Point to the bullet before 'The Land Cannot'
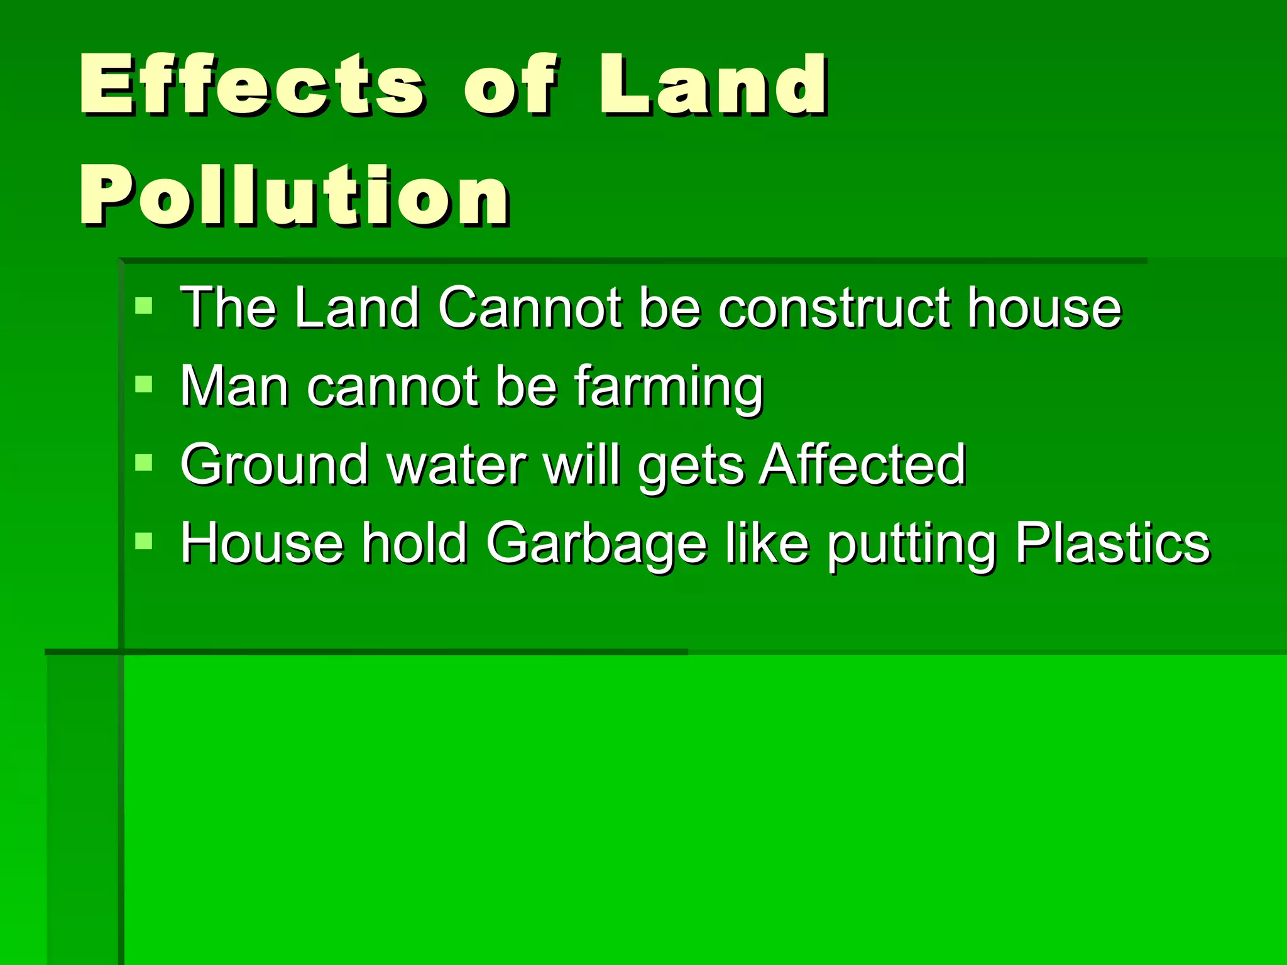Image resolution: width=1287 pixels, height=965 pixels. (x=144, y=306)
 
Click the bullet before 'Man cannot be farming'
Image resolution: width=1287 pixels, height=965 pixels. (x=144, y=384)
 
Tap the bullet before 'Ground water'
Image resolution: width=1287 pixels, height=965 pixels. (x=144, y=463)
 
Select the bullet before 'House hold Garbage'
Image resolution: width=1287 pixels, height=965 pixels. (x=144, y=541)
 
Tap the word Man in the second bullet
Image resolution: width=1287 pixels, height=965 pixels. (x=234, y=387)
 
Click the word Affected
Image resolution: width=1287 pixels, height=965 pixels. (x=862, y=465)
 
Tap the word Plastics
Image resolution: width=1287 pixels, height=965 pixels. (x=1112, y=543)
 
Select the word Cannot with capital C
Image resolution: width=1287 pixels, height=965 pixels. (x=529, y=308)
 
